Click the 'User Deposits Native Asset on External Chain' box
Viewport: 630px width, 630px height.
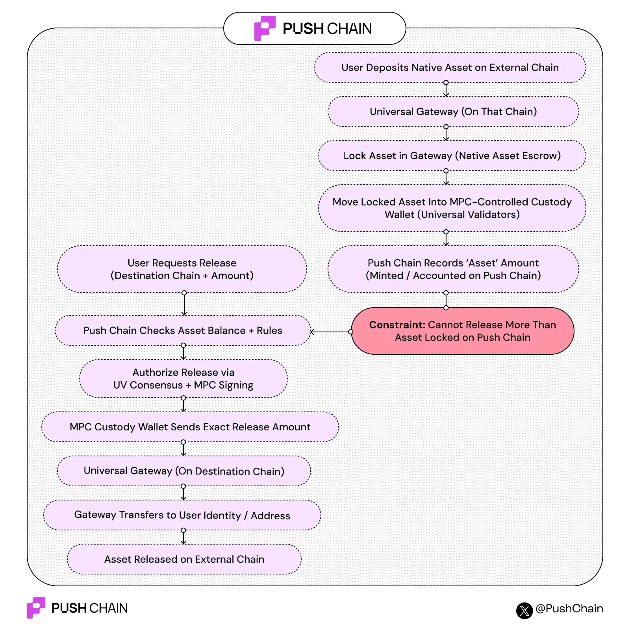(x=450, y=67)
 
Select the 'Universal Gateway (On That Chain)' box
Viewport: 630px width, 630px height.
(x=453, y=111)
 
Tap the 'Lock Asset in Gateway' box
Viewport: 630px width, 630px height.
(x=452, y=156)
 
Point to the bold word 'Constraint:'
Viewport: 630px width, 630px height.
(x=397, y=325)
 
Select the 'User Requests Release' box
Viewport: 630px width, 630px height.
(x=182, y=269)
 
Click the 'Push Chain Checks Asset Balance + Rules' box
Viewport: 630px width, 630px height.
(x=182, y=330)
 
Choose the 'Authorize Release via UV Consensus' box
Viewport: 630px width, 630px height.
(x=183, y=378)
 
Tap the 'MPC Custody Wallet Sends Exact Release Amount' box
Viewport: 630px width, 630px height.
(x=190, y=427)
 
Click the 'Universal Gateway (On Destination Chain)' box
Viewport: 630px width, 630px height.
(x=183, y=471)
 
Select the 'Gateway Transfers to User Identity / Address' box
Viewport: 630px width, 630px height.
(x=182, y=515)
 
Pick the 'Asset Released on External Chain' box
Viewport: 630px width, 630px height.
(x=184, y=559)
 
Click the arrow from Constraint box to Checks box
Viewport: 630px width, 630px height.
(x=331, y=332)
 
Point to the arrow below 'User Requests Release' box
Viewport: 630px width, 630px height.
(x=184, y=304)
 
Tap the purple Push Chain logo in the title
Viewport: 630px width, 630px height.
(x=264, y=28)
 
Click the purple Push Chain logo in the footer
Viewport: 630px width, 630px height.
(x=35, y=608)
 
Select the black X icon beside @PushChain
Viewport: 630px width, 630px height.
(x=524, y=611)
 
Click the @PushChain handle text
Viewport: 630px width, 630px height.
(x=569, y=608)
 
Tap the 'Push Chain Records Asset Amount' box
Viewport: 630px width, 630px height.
(x=453, y=269)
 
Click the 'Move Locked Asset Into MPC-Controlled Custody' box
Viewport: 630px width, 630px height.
(x=452, y=208)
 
